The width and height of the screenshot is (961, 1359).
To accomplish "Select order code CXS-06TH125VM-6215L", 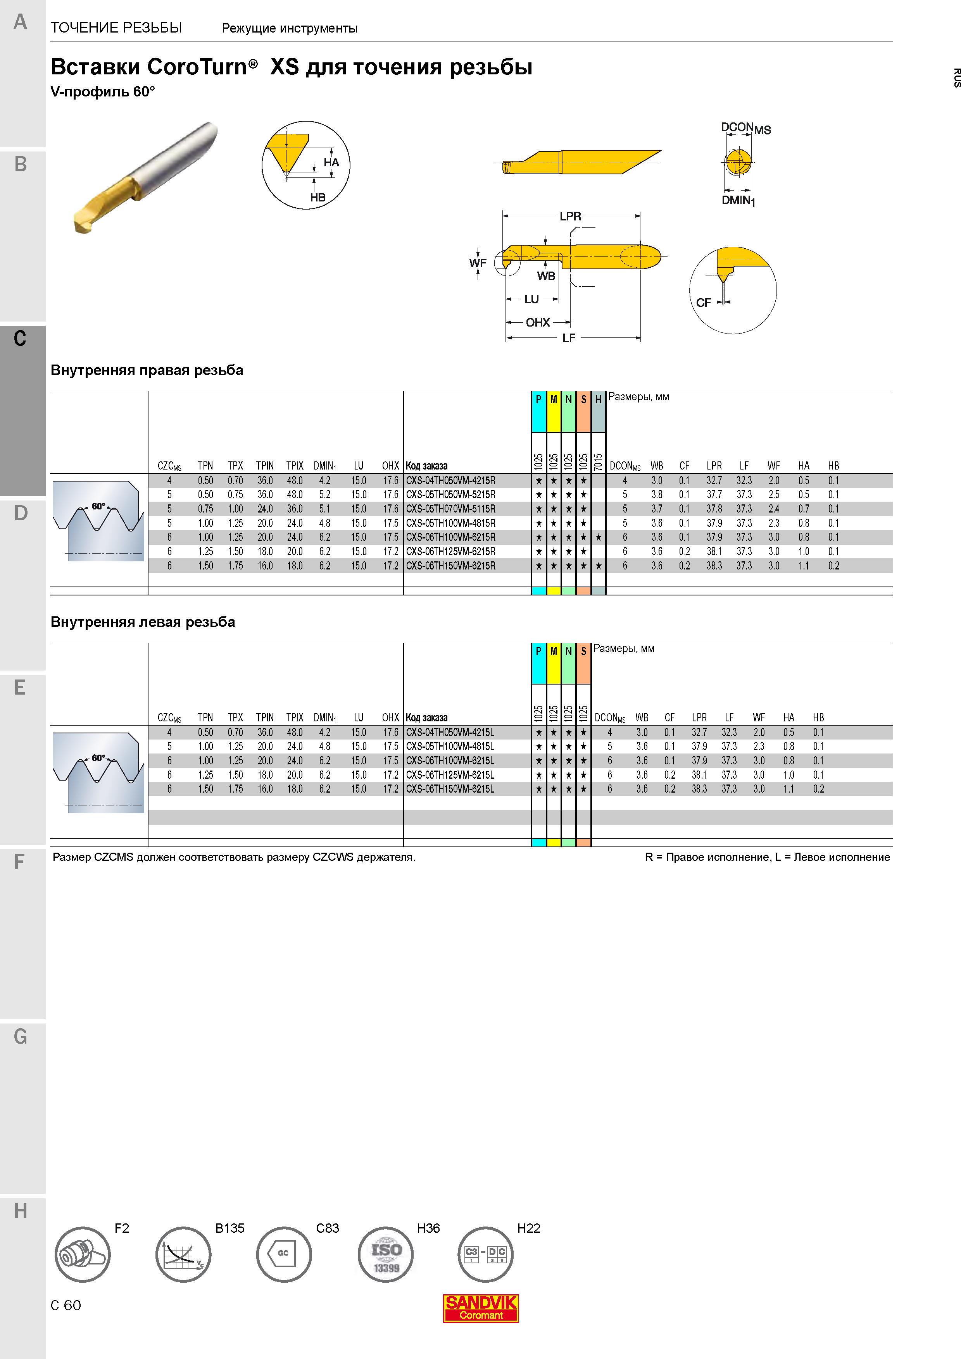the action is click(450, 775).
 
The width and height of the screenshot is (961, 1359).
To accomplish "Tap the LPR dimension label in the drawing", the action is click(571, 217).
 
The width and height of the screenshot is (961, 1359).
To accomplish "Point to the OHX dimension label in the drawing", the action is click(538, 323).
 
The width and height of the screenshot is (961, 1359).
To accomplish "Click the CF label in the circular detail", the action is click(704, 303).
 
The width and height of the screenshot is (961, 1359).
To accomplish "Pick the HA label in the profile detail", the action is click(331, 162).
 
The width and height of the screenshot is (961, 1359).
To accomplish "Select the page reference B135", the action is click(230, 1228).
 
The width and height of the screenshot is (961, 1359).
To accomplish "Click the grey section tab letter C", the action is click(20, 339).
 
